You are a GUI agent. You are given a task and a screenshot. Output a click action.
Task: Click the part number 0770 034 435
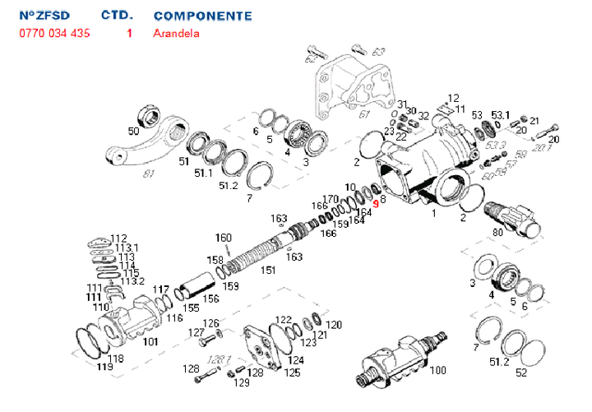(54, 34)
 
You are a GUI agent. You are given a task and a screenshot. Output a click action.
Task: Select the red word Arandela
(176, 34)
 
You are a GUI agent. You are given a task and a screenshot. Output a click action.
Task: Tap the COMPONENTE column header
(202, 16)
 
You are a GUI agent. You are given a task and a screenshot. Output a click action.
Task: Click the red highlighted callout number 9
(376, 202)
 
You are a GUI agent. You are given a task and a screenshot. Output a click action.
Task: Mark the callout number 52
(520, 373)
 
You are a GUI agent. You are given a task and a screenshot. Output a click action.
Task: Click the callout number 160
(224, 238)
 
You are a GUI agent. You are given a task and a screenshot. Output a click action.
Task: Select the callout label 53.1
(501, 114)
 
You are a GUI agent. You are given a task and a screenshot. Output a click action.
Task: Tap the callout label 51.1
(202, 173)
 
